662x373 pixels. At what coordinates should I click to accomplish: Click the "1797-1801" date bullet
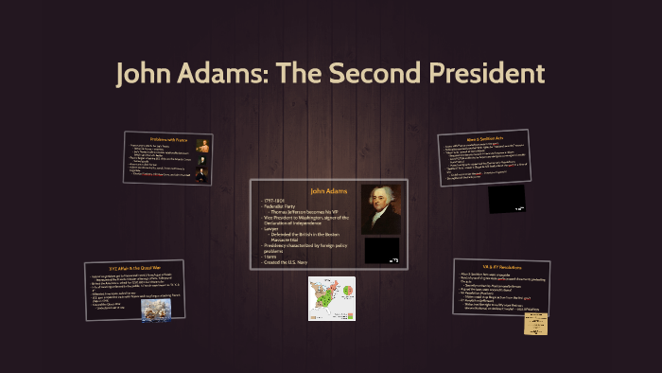[276, 200]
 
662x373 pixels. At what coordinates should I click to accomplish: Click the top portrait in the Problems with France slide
[202, 146]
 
